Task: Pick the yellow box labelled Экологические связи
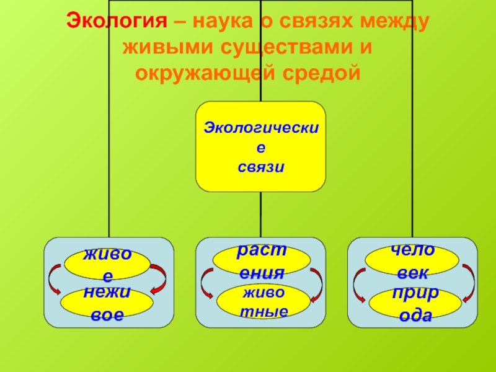click(x=260, y=146)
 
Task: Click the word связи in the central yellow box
click(x=260, y=167)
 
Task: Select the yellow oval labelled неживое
click(x=107, y=302)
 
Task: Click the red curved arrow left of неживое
click(x=53, y=280)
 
